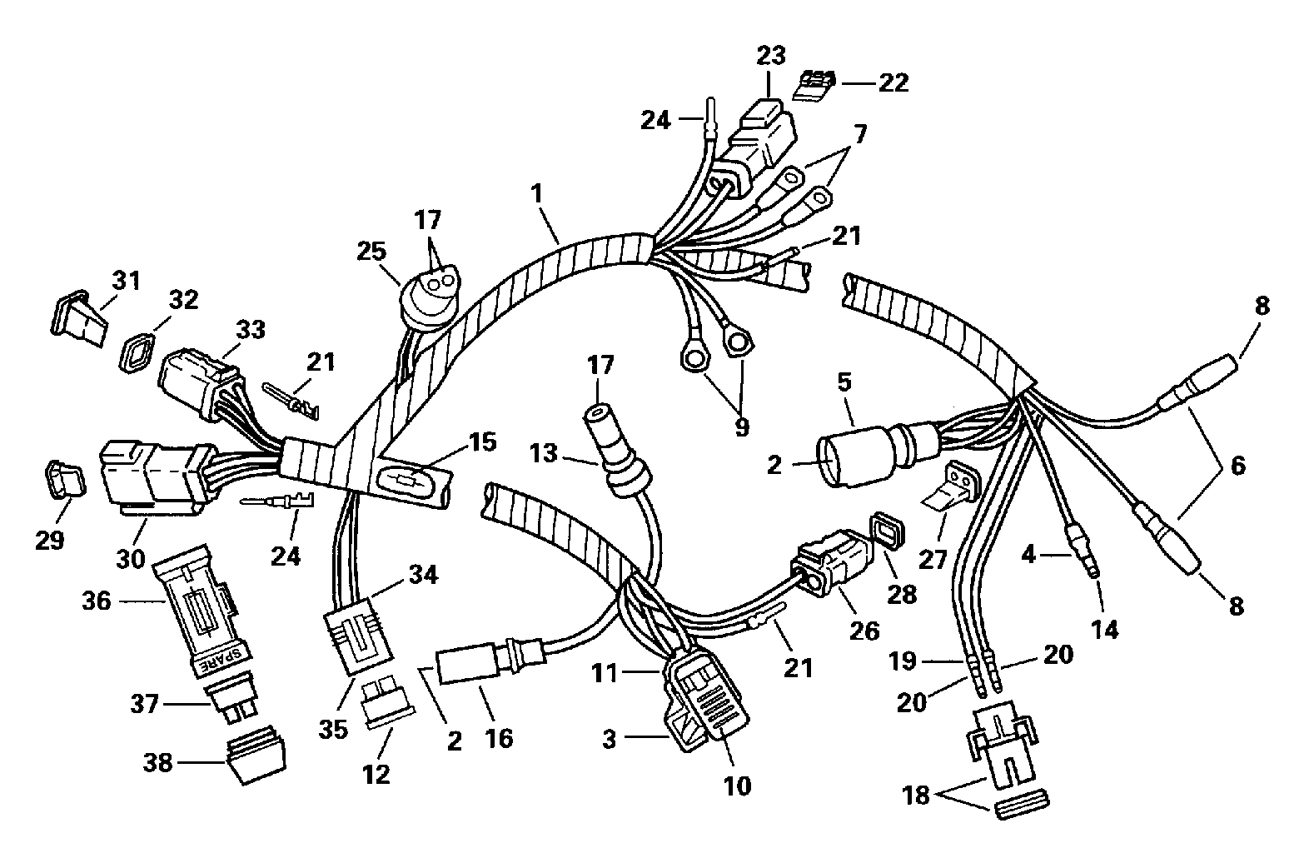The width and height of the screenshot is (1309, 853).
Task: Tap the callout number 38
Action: (157, 762)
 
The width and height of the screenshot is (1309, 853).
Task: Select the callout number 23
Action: (771, 56)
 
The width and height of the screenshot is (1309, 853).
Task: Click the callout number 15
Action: (483, 442)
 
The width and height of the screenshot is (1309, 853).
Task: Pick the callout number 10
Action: (738, 786)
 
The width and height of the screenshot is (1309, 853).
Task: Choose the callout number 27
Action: (933, 560)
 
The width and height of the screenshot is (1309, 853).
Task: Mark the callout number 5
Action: (844, 382)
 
